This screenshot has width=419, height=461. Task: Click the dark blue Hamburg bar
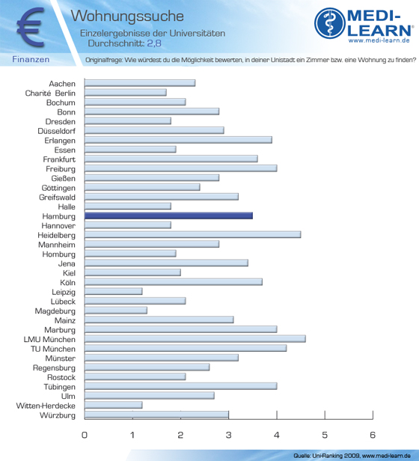point(168,216)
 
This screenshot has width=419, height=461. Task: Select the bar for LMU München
point(195,339)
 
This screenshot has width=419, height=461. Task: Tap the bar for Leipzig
point(114,291)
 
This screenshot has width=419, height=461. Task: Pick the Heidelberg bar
point(192,235)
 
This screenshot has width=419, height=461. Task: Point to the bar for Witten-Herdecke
point(114,405)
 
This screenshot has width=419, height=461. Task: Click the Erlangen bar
point(178,140)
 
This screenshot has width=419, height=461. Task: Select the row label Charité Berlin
point(50,94)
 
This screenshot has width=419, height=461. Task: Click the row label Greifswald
point(58,198)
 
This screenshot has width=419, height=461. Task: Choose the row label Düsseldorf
point(56,131)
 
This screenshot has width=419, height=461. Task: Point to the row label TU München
point(53,349)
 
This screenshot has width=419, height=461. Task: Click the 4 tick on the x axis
point(277,415)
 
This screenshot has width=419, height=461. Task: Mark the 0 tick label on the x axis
point(85,435)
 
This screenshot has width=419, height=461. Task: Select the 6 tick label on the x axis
point(373,435)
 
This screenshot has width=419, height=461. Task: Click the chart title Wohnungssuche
point(127,16)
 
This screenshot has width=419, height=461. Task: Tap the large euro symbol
point(31,27)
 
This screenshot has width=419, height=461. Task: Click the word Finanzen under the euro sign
point(31,59)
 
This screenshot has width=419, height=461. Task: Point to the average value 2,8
point(154,43)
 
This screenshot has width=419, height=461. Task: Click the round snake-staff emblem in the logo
point(330,23)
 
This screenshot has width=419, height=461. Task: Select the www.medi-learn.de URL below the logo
point(379,40)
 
